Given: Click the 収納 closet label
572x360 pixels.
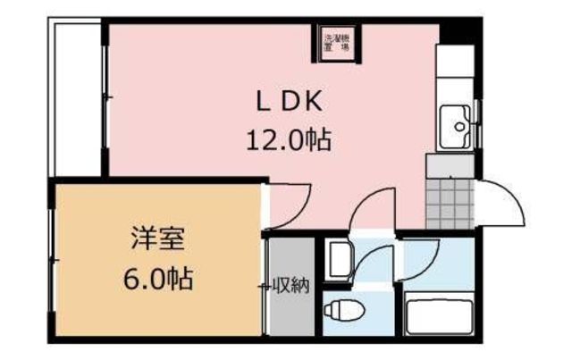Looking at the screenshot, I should [x=292, y=288].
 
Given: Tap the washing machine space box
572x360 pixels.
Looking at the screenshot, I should [x=338, y=41].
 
